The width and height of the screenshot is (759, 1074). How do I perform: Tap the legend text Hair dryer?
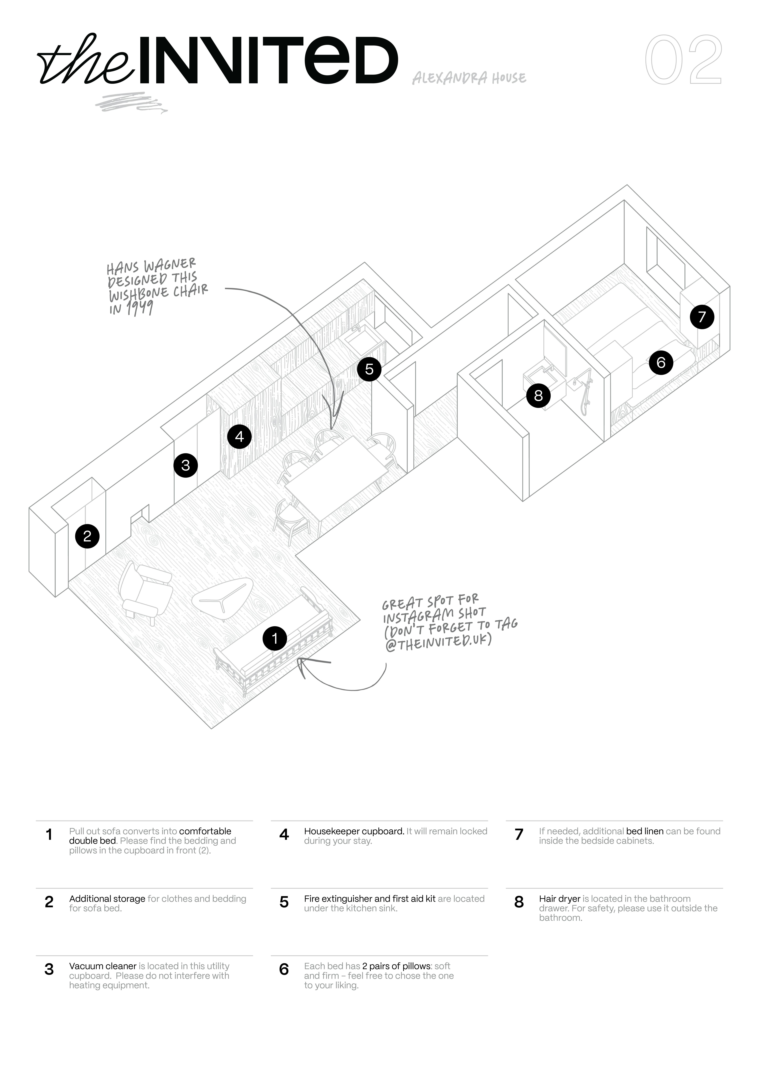(559, 899)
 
